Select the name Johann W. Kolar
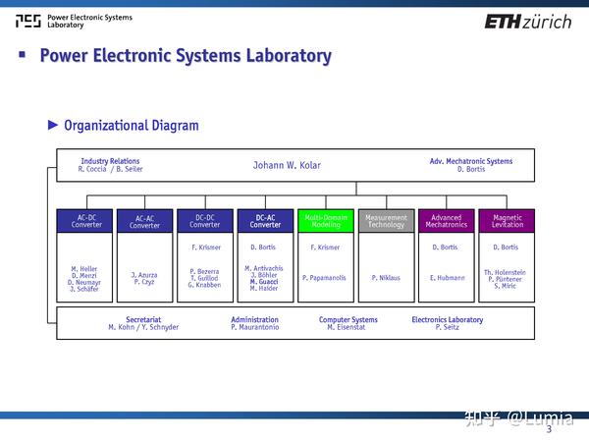click(x=287, y=165)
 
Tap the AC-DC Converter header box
click(x=85, y=221)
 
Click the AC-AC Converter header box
click(x=145, y=221)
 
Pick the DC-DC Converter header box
click(x=205, y=221)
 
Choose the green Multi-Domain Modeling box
click(x=325, y=221)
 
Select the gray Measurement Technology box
click(x=386, y=221)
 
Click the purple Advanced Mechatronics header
click(x=446, y=221)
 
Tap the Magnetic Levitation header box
click(x=507, y=221)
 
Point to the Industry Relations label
click(x=110, y=161)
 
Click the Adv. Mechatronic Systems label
click(x=471, y=161)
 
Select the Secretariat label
click(x=143, y=319)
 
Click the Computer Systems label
click(x=348, y=319)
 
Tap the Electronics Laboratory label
click(x=447, y=319)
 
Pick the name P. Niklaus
click(x=386, y=278)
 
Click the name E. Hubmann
click(x=446, y=278)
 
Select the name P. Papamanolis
click(x=325, y=278)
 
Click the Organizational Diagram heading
click(x=131, y=125)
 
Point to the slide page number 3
click(x=549, y=429)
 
